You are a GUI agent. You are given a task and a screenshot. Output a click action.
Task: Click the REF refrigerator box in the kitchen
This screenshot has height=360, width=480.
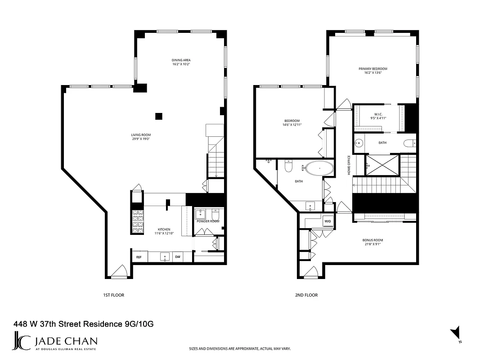(139, 257)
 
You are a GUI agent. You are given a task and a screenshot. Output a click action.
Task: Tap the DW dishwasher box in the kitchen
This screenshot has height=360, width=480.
(178, 257)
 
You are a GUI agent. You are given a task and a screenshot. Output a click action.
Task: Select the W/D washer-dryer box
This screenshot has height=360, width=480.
(327, 221)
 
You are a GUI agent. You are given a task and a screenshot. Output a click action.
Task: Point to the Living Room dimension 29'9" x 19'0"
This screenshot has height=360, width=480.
(141, 139)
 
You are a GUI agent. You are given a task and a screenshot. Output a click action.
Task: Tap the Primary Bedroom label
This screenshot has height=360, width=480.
(372, 69)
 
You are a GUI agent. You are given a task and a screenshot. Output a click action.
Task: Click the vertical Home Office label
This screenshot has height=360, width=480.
(349, 165)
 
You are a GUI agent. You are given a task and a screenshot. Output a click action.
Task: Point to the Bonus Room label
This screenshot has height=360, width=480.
(372, 240)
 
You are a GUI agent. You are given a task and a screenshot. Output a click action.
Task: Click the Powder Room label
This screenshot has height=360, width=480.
(208, 221)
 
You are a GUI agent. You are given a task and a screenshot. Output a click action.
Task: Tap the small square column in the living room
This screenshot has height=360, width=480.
(159, 116)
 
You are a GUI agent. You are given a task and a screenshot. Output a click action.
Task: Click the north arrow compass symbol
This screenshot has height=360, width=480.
(456, 333)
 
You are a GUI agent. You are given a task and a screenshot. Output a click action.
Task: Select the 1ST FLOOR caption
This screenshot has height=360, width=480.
(113, 295)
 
